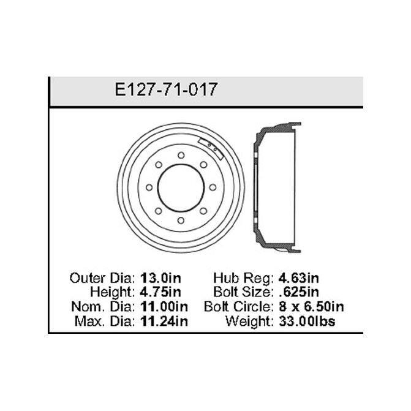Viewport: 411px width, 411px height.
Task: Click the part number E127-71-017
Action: click(x=166, y=89)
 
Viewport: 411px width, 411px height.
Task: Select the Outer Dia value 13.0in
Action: click(x=160, y=278)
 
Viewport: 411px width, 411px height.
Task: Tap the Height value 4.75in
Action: click(x=160, y=292)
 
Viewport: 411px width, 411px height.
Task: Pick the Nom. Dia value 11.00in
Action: click(x=164, y=306)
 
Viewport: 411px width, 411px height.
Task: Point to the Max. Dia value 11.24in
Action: click(x=164, y=321)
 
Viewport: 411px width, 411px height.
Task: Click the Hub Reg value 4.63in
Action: click(x=299, y=278)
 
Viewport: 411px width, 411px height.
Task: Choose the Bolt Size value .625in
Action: click(x=299, y=292)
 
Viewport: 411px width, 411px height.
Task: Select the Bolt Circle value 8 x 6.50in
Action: click(x=311, y=306)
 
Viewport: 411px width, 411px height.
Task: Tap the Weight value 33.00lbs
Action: click(x=307, y=321)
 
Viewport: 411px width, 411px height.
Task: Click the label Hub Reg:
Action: click(x=244, y=278)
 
